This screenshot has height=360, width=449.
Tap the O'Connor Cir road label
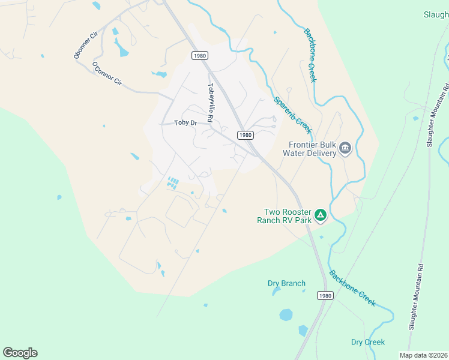point(107,74)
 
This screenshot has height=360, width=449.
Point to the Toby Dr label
point(185,123)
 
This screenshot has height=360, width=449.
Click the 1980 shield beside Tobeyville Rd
point(200,55)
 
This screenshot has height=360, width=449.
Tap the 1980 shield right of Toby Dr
point(245,135)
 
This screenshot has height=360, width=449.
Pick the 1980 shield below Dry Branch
point(324,296)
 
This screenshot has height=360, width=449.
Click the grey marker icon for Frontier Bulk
point(345,148)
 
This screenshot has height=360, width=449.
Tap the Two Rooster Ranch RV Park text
point(288,216)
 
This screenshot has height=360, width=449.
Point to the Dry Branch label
point(286,283)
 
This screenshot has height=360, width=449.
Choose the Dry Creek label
point(368,342)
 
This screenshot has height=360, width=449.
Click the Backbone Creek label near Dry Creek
point(352,288)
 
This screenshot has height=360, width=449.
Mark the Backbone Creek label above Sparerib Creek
point(310,55)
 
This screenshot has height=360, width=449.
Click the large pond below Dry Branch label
point(286,314)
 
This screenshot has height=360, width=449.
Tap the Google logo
point(20,353)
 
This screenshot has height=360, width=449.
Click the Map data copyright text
point(423,355)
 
